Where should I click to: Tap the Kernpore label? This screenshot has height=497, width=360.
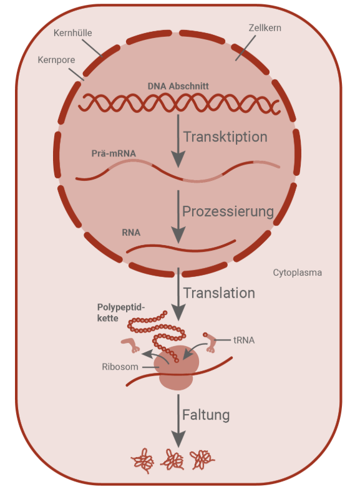(56, 61)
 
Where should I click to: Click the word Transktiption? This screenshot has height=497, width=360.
(225, 137)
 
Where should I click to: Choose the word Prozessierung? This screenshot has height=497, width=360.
(228, 211)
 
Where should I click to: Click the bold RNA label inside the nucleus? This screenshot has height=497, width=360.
(131, 233)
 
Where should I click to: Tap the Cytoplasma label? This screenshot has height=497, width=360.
(297, 273)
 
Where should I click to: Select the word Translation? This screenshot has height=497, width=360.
(219, 292)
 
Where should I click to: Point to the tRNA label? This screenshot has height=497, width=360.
(244, 340)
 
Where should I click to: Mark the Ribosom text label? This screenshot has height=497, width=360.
(120, 367)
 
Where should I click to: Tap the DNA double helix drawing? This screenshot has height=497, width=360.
(178, 103)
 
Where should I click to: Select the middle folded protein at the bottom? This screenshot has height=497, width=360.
(173, 460)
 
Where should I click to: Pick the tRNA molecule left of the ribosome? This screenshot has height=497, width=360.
(131, 344)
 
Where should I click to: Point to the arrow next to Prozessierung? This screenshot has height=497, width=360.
(178, 215)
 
